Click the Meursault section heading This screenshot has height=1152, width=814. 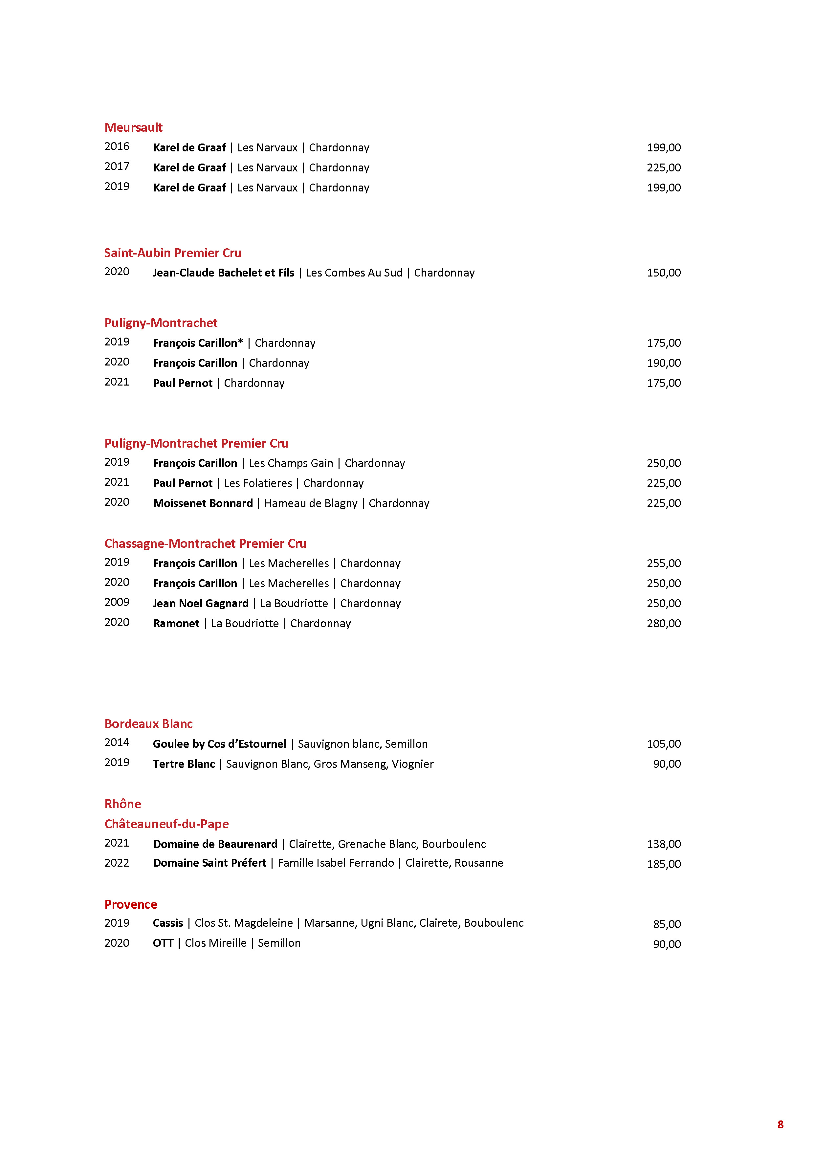(133, 127)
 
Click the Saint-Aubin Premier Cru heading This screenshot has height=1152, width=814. (172, 253)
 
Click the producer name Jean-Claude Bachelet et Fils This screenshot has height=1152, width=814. (223, 273)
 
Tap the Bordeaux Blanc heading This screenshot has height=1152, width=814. (148, 724)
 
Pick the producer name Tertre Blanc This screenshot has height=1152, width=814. (184, 764)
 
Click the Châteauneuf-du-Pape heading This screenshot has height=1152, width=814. (166, 824)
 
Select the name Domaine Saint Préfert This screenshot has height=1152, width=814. (209, 863)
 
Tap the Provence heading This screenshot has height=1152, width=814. (130, 905)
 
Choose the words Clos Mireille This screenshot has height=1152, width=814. (216, 943)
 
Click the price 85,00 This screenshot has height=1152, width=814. (667, 924)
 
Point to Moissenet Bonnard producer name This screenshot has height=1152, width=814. (203, 503)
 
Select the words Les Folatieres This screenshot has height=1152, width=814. (258, 483)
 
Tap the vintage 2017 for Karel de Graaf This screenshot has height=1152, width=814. (117, 166)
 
